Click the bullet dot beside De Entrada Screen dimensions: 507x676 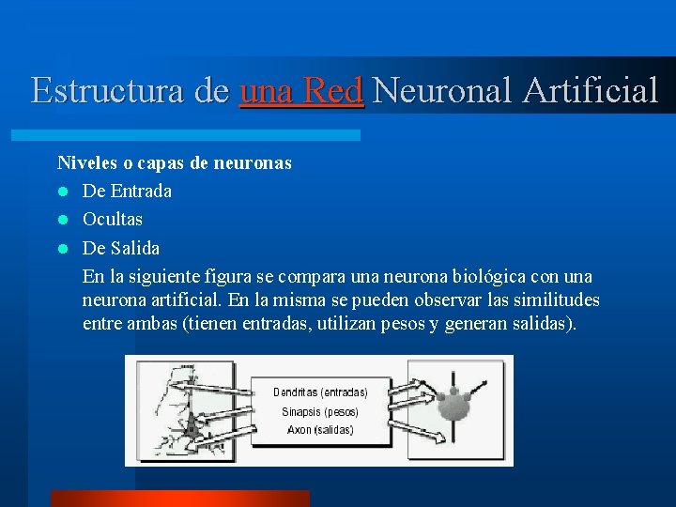coord(62,192)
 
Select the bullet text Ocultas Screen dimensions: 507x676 coord(113,220)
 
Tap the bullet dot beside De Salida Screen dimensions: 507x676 coord(62,249)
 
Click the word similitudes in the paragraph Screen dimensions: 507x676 coord(553,300)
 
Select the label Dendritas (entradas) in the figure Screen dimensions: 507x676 coord(320,392)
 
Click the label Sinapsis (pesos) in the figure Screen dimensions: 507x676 coord(319,411)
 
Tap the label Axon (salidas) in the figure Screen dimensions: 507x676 coord(320,430)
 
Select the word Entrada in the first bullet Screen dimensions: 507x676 coord(141,192)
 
